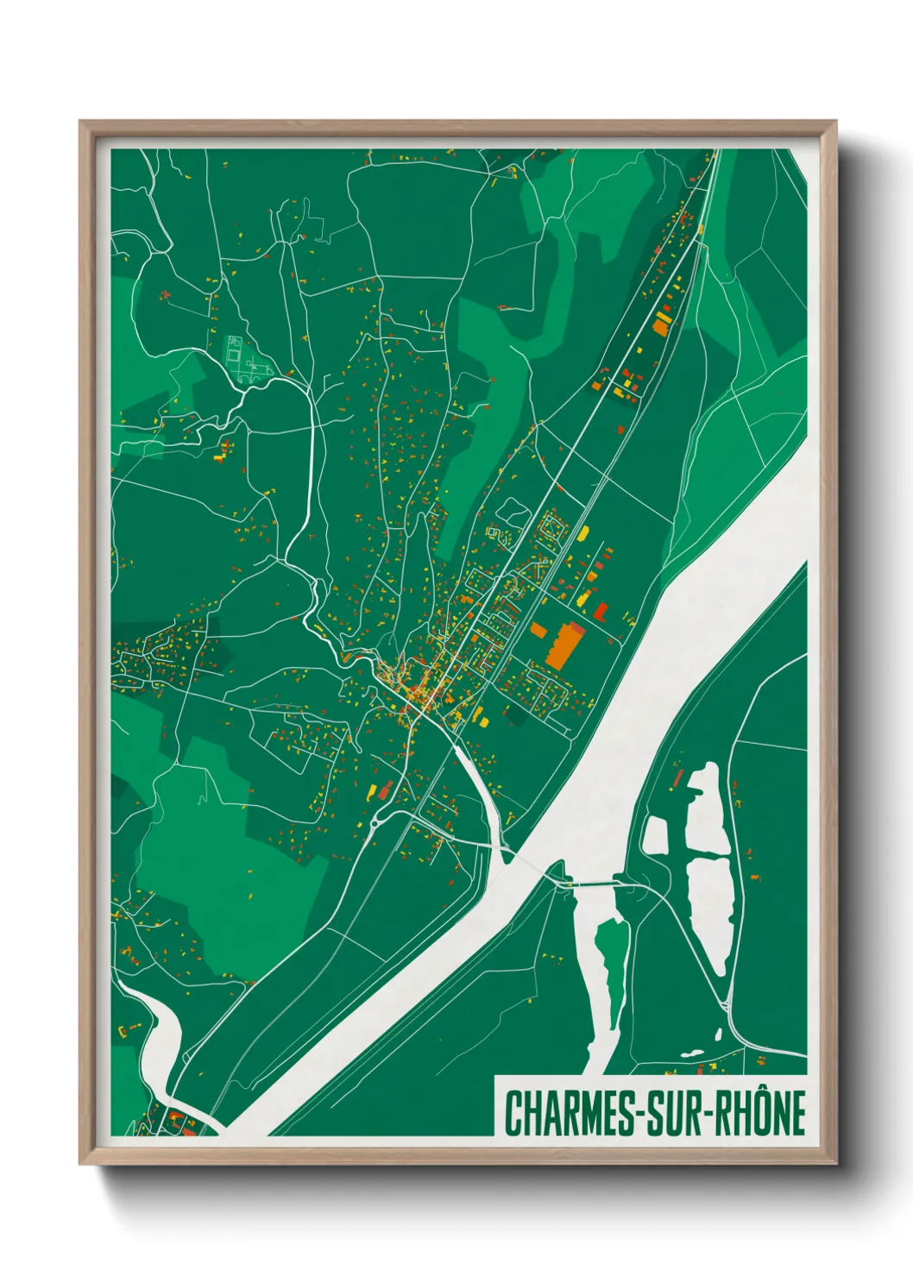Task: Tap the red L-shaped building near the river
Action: click(601, 611)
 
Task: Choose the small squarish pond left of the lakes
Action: click(656, 834)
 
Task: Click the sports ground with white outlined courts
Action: click(235, 351)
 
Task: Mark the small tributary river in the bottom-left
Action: click(164, 1035)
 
